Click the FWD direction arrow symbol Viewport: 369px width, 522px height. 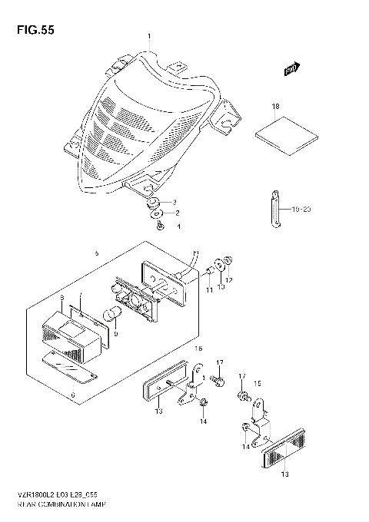click(x=291, y=71)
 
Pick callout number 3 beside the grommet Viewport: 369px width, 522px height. click(x=175, y=201)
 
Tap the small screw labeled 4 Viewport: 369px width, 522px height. click(x=159, y=226)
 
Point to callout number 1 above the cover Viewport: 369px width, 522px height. click(x=150, y=36)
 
